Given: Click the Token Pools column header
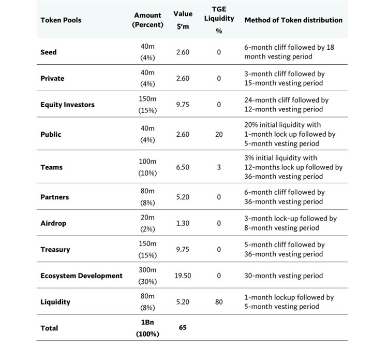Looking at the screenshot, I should [61, 20].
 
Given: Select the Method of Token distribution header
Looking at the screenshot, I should [293, 20].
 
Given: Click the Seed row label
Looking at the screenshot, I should [49, 52].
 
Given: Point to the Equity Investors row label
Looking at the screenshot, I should [67, 105].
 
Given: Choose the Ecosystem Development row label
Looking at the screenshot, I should [81, 276].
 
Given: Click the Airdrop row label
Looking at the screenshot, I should [54, 223].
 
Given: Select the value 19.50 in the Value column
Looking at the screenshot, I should [183, 276].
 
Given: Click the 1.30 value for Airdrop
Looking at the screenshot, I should [183, 223].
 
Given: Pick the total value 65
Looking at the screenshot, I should [183, 328].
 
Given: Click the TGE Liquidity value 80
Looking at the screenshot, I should [219, 302].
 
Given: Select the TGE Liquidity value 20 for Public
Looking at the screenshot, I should [219, 134].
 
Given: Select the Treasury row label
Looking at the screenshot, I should [55, 250].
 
